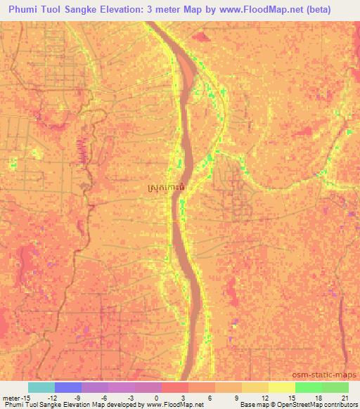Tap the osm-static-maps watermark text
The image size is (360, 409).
[330, 373]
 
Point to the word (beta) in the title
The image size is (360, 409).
[334, 10]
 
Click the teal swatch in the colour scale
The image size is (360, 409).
[41, 387]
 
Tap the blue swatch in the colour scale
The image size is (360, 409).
[68, 387]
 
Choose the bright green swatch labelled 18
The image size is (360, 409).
[309, 387]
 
